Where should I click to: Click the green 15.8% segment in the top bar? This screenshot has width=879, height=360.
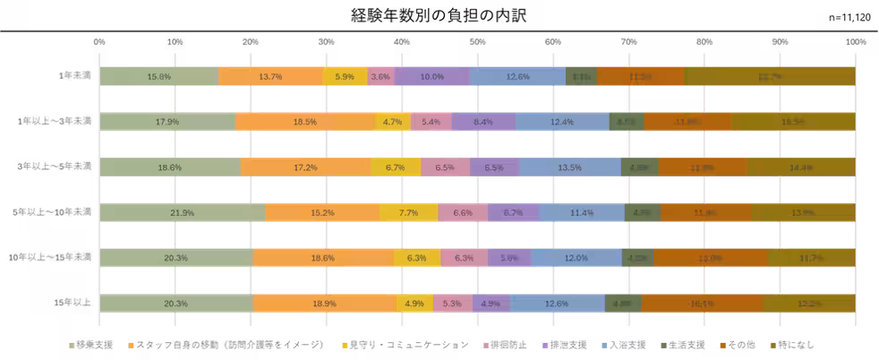(x=158, y=77)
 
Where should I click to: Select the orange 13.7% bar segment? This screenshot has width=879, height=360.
(x=269, y=77)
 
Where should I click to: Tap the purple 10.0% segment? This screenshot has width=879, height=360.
(x=431, y=77)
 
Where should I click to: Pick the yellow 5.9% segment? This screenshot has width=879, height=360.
(x=345, y=77)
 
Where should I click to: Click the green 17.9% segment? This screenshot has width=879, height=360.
(x=166, y=122)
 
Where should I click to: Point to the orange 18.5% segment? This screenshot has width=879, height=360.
(x=304, y=122)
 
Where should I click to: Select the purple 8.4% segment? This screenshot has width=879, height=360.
(x=482, y=122)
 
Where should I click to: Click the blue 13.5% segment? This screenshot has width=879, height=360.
(x=569, y=167)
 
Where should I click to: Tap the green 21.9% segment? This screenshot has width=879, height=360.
(x=182, y=212)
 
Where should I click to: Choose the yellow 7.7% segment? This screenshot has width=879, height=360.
(x=408, y=212)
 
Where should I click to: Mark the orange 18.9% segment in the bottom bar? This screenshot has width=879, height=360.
(x=325, y=304)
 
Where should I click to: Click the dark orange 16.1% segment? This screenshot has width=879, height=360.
(x=701, y=304)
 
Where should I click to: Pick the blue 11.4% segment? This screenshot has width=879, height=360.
(x=582, y=212)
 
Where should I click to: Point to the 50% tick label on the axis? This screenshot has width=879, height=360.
(x=477, y=42)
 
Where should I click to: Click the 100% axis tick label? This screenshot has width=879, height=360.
(x=855, y=42)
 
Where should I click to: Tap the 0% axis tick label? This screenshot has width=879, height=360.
(x=99, y=42)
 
